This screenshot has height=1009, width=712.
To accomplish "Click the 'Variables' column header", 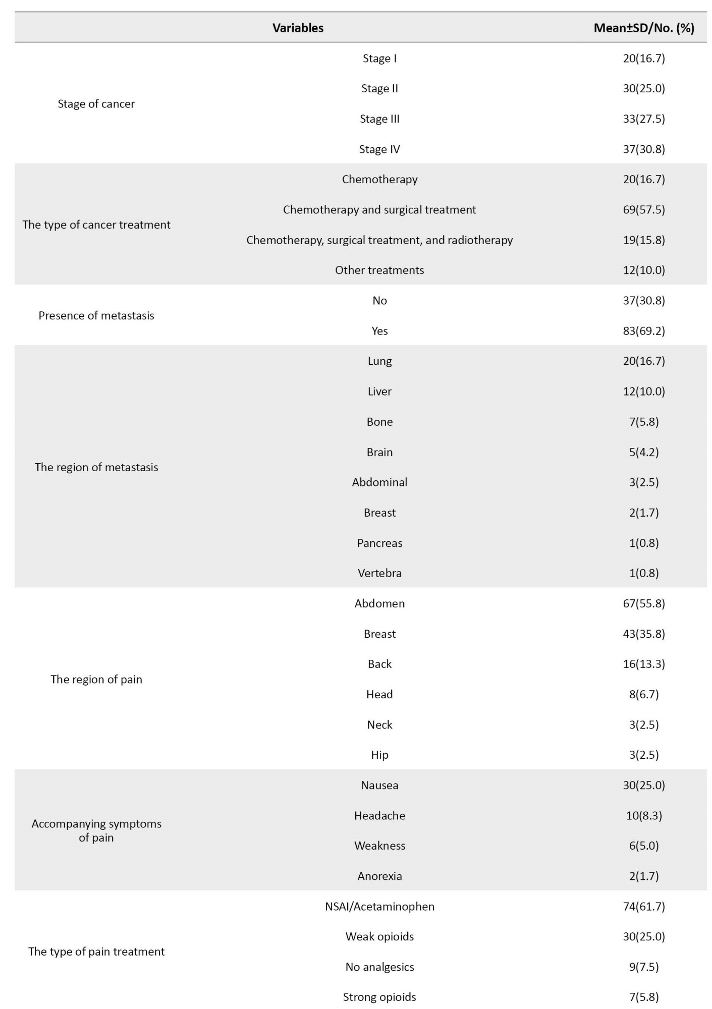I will point(298,28).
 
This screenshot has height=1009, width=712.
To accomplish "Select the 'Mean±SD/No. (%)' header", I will point(643,28).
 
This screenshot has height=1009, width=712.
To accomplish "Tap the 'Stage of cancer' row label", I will point(96,104).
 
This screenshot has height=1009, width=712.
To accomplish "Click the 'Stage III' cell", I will point(379,119).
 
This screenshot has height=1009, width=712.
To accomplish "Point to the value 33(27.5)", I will point(643,119).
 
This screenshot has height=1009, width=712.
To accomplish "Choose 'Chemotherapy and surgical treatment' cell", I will point(379,210).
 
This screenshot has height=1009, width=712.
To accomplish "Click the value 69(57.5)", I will point(643,210).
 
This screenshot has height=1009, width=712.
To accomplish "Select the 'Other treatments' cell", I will point(379,270).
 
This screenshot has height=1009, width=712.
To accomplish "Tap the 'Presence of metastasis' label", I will point(96,316).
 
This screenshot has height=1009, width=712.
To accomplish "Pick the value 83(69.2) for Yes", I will point(643,331).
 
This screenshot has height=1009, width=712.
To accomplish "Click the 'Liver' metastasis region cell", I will point(379,391).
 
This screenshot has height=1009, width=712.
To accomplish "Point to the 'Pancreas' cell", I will point(379,543).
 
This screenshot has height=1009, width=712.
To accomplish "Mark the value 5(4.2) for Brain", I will point(643,452).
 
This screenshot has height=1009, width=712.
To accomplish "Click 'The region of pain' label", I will point(96,680).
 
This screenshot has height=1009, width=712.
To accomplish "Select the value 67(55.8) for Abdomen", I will point(643,604).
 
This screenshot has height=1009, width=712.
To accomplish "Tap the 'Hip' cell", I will point(379,755).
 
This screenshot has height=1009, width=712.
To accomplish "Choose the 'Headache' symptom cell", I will point(379,816).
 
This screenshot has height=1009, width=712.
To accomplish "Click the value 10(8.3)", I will point(643,816).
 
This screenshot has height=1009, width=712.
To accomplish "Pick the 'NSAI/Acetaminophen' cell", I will point(379,907).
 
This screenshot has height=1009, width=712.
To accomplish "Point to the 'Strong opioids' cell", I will point(379,997).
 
